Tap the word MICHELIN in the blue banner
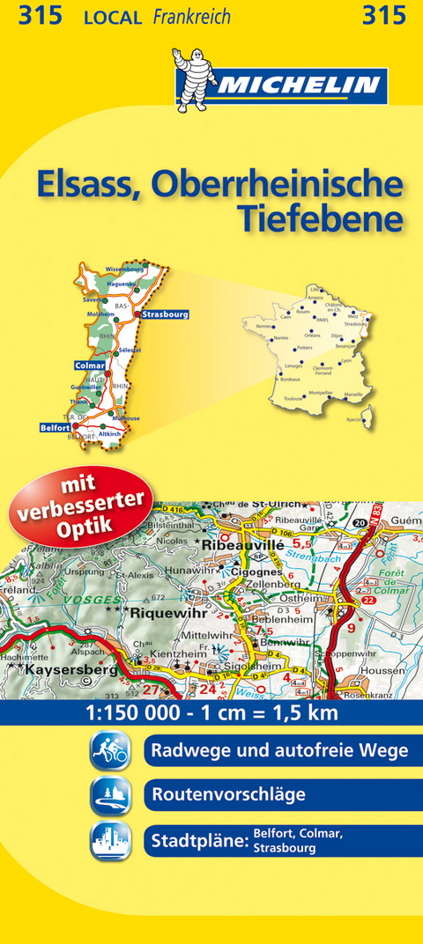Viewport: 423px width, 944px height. (297, 85)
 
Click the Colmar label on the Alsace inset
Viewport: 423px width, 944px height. (90, 365)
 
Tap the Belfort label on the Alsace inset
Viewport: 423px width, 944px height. (55, 427)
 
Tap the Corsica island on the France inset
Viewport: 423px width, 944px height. (368, 411)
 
